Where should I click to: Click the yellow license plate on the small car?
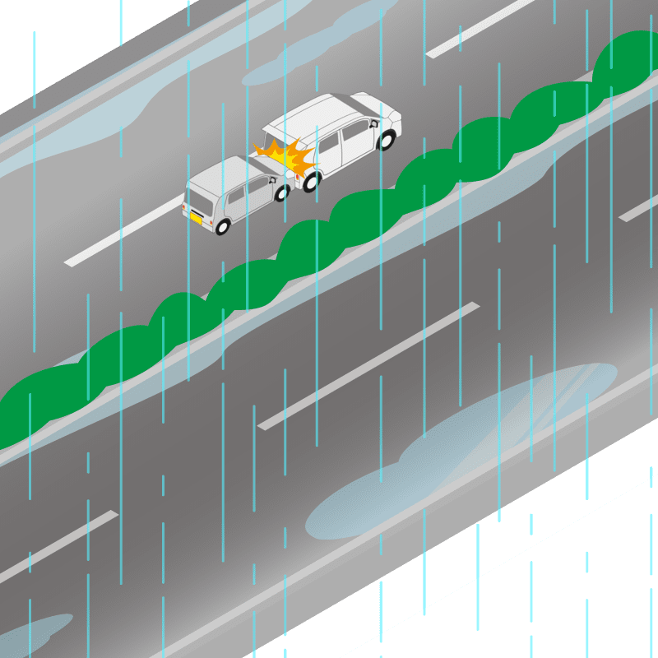(x=197, y=218)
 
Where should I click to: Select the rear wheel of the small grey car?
(x=222, y=225)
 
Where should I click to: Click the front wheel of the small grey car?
(x=281, y=193)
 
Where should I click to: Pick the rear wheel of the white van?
(x=311, y=181)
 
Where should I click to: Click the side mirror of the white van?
(x=375, y=124)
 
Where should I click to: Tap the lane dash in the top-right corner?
(x=481, y=28)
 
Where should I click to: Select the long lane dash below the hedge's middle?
(x=368, y=366)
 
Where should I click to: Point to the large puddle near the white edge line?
(x=461, y=452)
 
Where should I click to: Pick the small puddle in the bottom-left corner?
(x=33, y=633)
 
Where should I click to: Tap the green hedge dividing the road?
(x=329, y=230)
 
